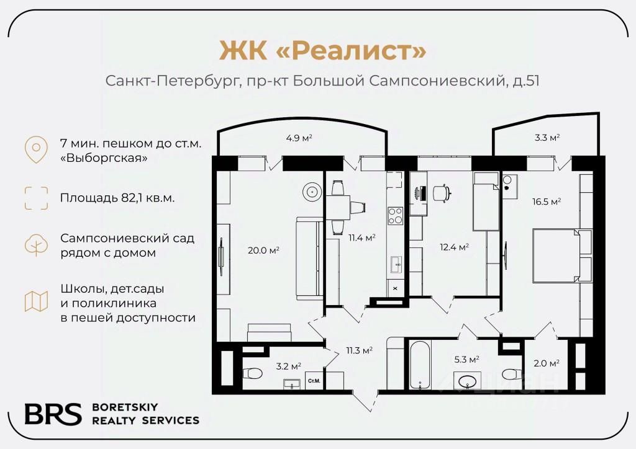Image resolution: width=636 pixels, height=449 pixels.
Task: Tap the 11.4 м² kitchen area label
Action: point(362,238)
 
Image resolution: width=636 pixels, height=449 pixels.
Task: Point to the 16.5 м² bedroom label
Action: point(547,202)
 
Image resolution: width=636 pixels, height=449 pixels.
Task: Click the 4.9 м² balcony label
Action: point(298,138)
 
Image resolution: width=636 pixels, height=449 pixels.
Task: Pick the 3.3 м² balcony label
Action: point(547,138)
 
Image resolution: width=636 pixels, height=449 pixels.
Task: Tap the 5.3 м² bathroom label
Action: point(466,359)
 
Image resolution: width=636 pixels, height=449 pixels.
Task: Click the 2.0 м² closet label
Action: point(547,363)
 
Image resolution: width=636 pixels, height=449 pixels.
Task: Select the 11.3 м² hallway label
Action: point(358,350)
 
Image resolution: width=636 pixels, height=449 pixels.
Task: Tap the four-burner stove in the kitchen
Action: point(395,215)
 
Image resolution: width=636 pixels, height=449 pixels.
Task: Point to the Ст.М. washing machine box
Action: point(314,381)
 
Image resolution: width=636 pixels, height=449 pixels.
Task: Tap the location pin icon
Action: point(36,149)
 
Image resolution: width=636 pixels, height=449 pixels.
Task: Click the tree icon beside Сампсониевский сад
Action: point(36,245)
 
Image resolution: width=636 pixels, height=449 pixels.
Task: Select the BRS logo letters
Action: point(53,414)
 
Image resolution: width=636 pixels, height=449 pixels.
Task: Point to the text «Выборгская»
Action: point(104,158)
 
